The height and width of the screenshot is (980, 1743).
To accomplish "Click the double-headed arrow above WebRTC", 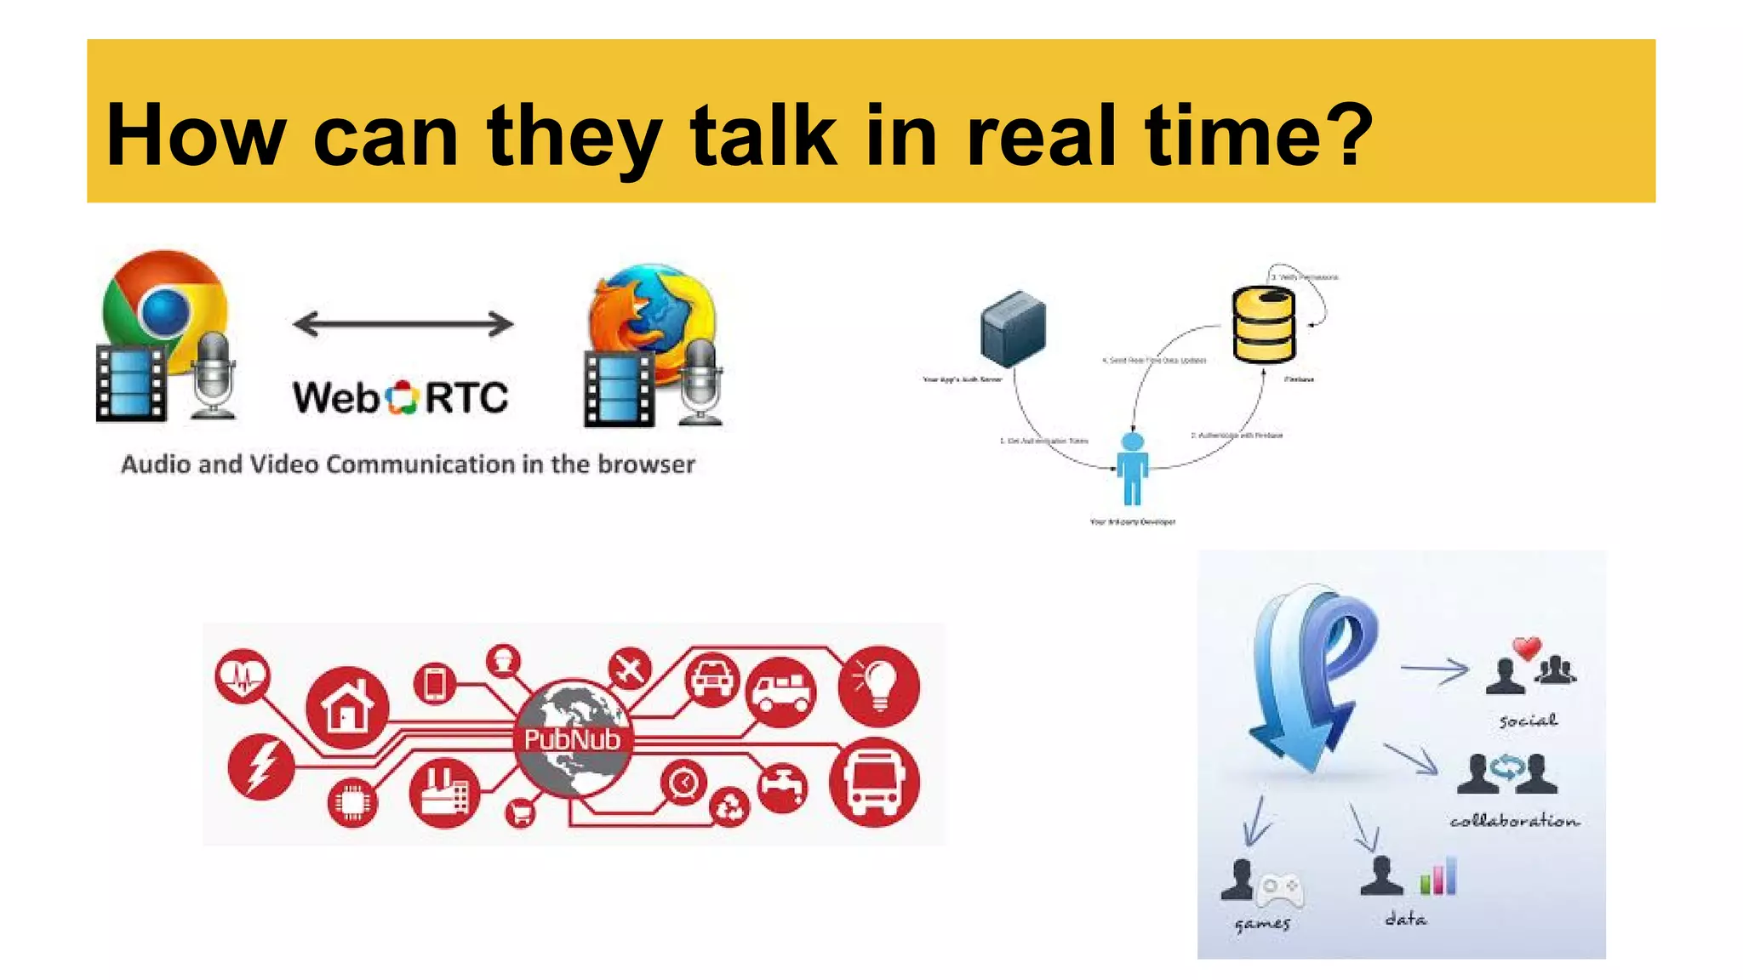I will click(x=403, y=323).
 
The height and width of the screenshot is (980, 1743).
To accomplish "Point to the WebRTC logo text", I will click(x=401, y=397).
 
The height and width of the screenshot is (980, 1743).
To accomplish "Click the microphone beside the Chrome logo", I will click(x=212, y=374).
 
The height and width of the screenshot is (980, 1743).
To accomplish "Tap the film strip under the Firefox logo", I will click(x=619, y=389).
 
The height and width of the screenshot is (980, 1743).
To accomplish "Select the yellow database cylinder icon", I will click(x=1264, y=325).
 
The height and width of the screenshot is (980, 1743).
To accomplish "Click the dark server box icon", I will click(x=1013, y=328).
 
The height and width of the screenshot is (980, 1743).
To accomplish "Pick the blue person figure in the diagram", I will click(x=1133, y=468).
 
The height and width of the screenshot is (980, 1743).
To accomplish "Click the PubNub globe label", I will click(x=572, y=739).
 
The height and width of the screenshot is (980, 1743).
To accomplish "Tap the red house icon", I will click(x=347, y=707).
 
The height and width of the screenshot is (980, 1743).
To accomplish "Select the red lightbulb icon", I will click(x=878, y=686).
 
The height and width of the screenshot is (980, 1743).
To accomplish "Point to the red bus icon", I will click(x=875, y=782).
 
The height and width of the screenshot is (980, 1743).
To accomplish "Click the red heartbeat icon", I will click(x=243, y=676).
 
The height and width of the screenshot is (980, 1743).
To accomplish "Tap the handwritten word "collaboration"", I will click(x=1515, y=821).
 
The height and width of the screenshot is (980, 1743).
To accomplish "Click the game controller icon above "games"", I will click(x=1279, y=889).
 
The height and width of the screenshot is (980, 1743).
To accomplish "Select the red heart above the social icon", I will click(x=1527, y=648).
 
